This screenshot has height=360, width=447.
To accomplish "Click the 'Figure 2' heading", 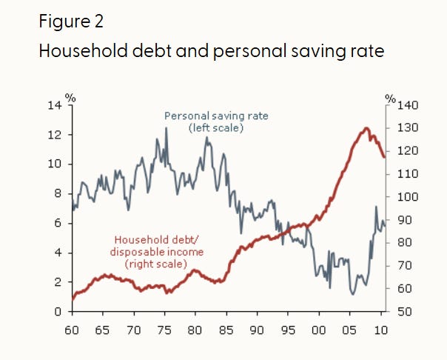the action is [x=71, y=21].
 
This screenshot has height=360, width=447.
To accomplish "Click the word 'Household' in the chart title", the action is [x=83, y=51].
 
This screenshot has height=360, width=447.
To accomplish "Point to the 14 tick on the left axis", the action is [x=55, y=105].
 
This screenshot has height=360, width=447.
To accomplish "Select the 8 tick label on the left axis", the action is [x=58, y=193].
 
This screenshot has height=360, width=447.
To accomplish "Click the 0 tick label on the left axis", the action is [x=58, y=311].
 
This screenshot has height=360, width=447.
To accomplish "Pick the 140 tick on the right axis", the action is [x=408, y=105].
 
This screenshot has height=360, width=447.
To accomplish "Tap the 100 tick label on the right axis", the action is [x=408, y=197].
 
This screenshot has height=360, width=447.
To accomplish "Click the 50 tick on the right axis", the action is [x=404, y=311].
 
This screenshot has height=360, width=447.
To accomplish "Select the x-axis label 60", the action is [x=72, y=330].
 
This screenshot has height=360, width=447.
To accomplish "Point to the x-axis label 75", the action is [x=164, y=330].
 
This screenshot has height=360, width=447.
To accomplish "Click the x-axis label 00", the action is [x=319, y=330].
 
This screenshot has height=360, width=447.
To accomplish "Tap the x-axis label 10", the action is [x=380, y=330].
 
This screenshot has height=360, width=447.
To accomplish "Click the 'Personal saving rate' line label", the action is [x=216, y=116].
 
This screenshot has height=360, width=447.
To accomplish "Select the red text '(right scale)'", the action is [x=156, y=264].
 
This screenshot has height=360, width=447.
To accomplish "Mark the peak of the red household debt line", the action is [x=366, y=128].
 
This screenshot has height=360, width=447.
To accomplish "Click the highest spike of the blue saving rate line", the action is [x=167, y=128].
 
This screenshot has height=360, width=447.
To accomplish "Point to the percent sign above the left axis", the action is [x=70, y=98].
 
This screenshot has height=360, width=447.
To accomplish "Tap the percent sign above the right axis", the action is [x=391, y=99].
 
